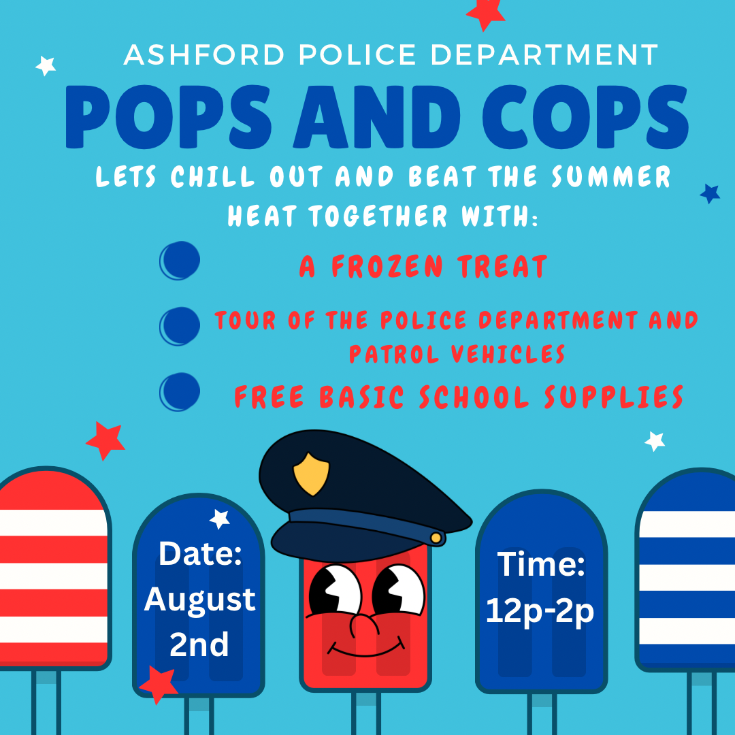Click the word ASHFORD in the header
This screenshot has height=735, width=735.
(204, 55)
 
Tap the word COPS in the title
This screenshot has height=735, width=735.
(585, 117)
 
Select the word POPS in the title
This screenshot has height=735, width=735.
(168, 117)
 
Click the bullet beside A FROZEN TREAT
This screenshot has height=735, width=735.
(180, 261)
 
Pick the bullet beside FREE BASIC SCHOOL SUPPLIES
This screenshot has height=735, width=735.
(180, 392)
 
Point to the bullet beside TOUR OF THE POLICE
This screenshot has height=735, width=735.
(180, 326)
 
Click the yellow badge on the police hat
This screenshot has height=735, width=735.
(311, 474)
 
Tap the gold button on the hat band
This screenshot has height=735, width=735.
(436, 538)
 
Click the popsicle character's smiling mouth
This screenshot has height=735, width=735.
(365, 648)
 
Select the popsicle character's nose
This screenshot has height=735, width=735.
(364, 625)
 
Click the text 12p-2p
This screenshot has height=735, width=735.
(540, 611)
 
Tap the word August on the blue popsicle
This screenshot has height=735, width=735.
(199, 600)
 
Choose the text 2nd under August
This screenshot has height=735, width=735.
(199, 644)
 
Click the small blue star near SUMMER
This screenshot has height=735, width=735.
(710, 193)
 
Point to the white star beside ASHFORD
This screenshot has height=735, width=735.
(46, 65)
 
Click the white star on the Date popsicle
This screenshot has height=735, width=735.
(219, 519)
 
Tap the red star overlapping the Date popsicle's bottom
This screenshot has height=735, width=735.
(159, 685)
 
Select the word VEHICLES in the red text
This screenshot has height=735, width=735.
(508, 354)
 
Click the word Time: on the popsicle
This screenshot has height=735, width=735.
(541, 564)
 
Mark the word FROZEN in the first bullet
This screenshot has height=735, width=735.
(387, 266)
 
